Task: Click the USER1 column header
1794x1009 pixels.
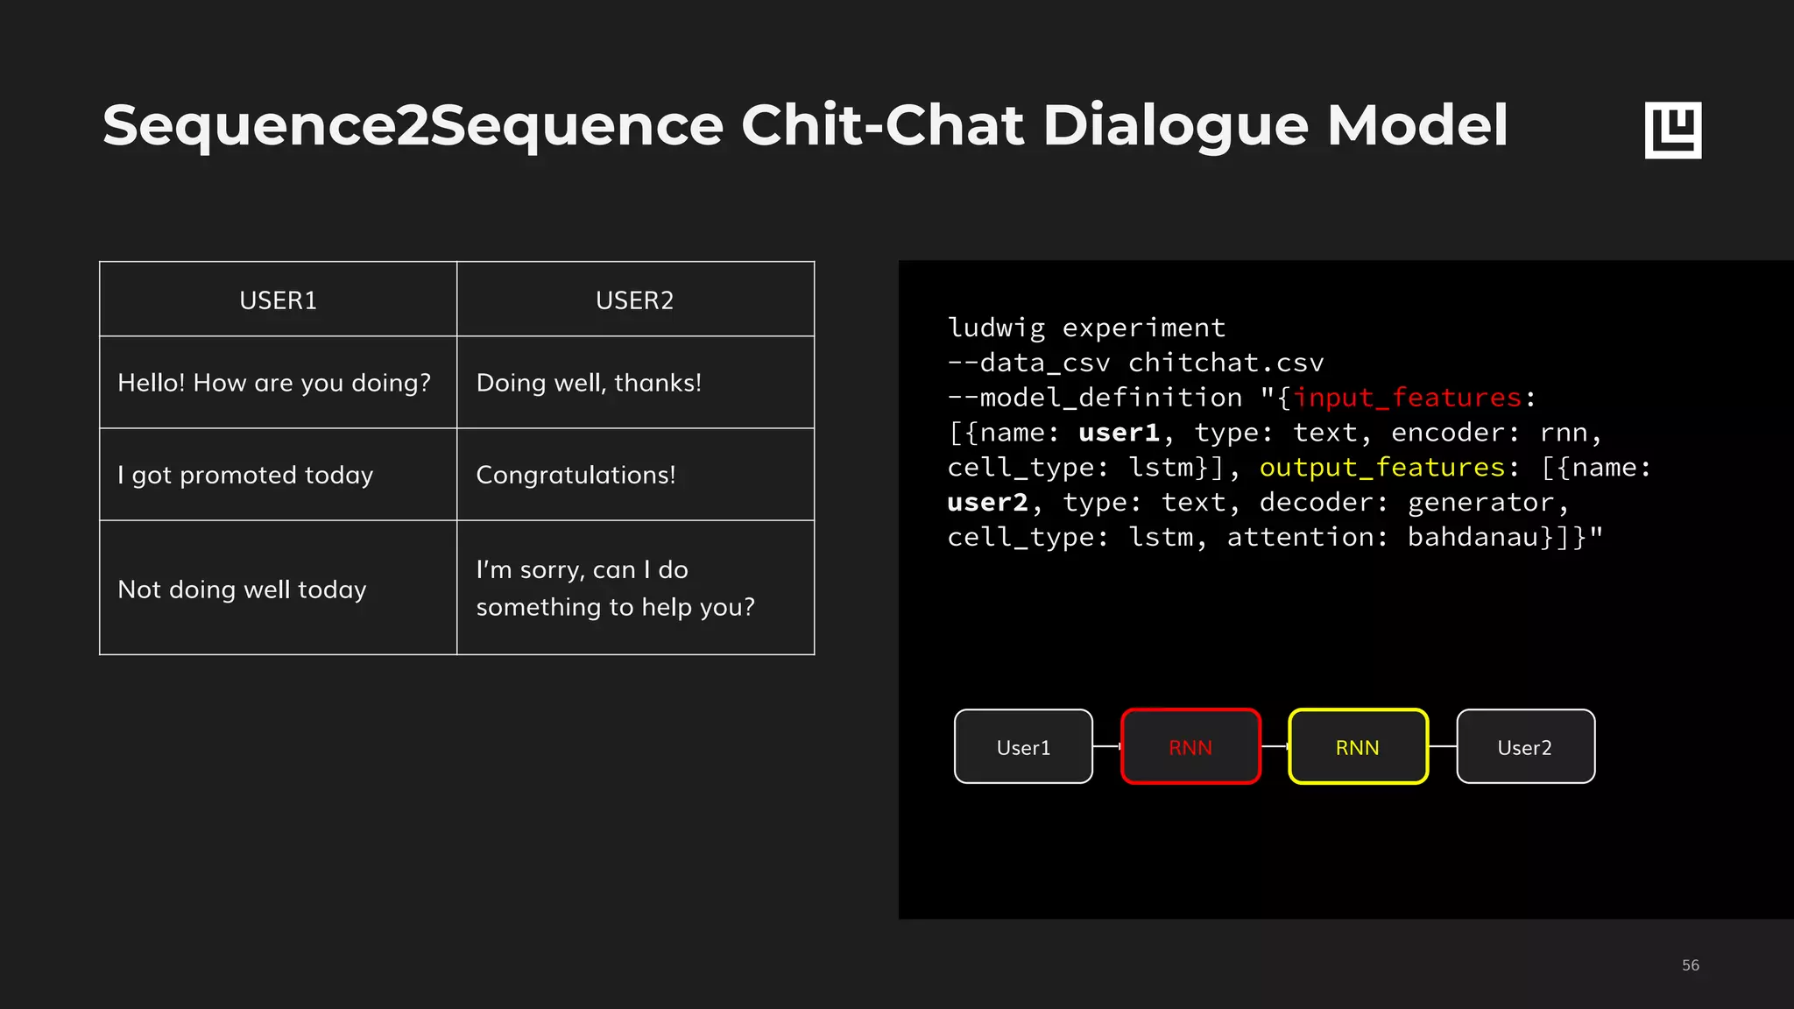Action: coord(278,300)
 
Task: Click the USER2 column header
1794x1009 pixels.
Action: coord(634,300)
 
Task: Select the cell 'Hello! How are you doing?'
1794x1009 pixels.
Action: coord(274,383)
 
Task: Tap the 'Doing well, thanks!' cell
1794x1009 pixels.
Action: coord(589,383)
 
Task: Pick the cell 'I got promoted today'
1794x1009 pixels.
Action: coord(245,475)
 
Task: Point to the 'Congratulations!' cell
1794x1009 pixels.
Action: coord(576,475)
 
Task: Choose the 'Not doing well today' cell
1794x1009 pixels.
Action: coord(242,589)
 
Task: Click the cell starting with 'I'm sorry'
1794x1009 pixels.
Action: coord(615,588)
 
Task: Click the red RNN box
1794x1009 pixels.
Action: coord(1190,747)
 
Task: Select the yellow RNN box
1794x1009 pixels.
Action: coord(1358,747)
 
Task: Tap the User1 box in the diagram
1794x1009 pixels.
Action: coord(1023,747)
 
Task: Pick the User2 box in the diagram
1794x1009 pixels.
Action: coord(1525,747)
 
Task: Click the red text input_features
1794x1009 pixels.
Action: coord(1408,398)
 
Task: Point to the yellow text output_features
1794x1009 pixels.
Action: coord(1382,468)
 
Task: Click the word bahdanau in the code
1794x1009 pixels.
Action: coord(1473,537)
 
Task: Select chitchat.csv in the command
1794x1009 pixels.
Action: coord(1225,363)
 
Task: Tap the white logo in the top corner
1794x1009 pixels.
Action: coord(1673,130)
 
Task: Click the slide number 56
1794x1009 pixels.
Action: coord(1691,965)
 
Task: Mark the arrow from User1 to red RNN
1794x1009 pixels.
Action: coord(1107,746)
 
